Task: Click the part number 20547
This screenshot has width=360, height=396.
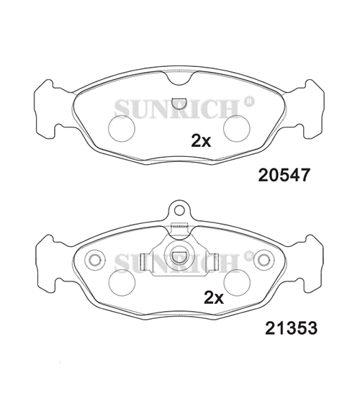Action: tap(284, 175)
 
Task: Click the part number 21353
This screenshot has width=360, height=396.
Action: tap(291, 328)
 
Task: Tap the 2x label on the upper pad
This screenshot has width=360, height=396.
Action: tap(201, 140)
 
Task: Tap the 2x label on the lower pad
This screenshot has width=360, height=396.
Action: tap(214, 298)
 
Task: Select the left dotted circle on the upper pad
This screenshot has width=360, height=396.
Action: tap(122, 128)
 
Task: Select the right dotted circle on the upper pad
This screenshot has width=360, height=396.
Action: tap(237, 128)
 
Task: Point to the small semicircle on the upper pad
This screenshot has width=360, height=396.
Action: tap(179, 104)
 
